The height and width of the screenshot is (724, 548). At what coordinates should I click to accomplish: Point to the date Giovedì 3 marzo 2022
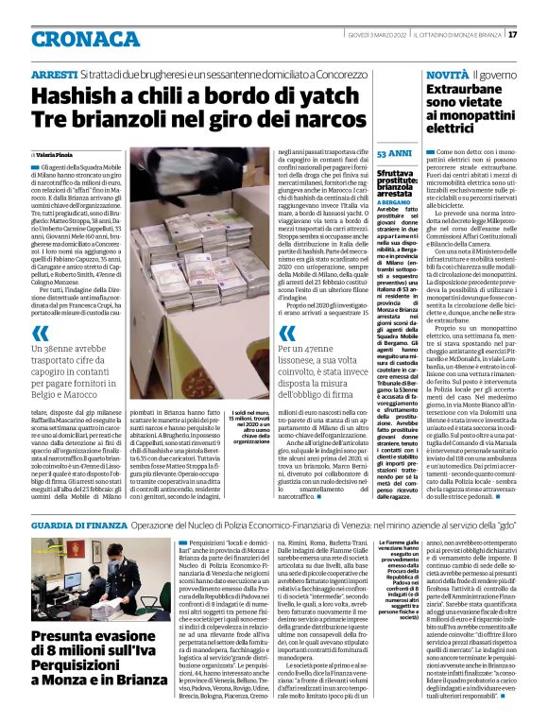371,35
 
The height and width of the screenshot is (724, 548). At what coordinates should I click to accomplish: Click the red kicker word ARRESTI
53,73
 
